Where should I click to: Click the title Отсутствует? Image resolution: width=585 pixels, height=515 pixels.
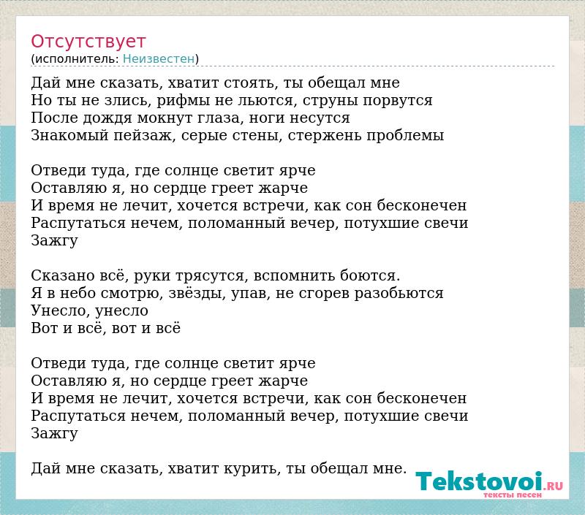pyautogui.click(x=88, y=42)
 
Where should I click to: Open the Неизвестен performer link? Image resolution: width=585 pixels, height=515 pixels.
pyautogui.click(x=159, y=59)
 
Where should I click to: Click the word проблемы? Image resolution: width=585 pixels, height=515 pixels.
pyautogui.click(x=405, y=135)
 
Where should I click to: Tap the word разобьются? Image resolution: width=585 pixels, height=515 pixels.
pyautogui.click(x=399, y=294)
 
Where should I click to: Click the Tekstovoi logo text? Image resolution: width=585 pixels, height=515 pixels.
pyautogui.click(x=479, y=481)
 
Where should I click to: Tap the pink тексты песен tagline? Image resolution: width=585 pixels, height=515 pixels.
pyautogui.click(x=513, y=495)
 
